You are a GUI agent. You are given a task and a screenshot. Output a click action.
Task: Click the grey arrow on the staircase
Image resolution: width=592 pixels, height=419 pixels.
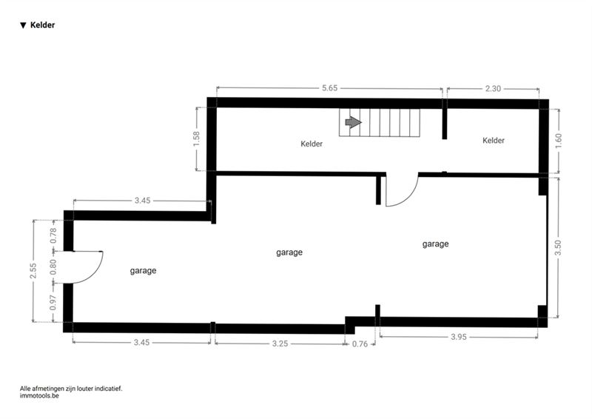pyautogui.click(x=354, y=122)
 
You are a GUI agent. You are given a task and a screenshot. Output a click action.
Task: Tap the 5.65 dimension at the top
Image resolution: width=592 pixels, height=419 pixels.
pyautogui.click(x=329, y=88)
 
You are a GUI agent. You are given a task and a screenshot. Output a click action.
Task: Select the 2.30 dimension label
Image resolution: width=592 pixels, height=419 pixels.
pyautogui.click(x=493, y=88)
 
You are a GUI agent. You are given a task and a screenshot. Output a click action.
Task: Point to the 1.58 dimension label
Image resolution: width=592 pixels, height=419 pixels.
pyautogui.click(x=196, y=139)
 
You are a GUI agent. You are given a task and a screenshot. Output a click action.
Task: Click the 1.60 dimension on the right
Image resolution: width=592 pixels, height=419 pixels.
pyautogui.click(x=559, y=141)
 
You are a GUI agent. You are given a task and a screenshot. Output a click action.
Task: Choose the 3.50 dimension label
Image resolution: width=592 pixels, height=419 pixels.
pyautogui.click(x=558, y=248)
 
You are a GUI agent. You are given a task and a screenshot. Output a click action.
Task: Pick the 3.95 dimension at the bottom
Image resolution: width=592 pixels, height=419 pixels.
pyautogui.click(x=459, y=337)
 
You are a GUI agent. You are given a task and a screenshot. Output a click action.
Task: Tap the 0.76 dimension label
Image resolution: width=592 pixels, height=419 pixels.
pyautogui.click(x=360, y=343)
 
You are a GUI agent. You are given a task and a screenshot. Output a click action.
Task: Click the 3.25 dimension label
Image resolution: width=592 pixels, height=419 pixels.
pyautogui.click(x=280, y=343)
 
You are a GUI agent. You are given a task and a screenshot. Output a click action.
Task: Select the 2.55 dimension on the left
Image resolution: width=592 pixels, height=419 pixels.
pyautogui.click(x=33, y=270)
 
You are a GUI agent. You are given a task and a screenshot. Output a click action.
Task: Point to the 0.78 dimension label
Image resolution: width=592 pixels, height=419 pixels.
pyautogui.click(x=53, y=235)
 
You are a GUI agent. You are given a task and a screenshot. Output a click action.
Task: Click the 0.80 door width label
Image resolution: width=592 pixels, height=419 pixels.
pyautogui.click(x=53, y=267)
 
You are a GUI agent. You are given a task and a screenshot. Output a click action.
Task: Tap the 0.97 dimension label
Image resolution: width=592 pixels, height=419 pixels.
pyautogui.click(x=53, y=302)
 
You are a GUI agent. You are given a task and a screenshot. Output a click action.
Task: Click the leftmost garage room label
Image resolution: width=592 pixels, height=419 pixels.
pyautogui.click(x=143, y=271)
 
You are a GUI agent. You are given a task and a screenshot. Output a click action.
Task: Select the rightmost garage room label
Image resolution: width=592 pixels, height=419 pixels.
pyautogui.click(x=435, y=244)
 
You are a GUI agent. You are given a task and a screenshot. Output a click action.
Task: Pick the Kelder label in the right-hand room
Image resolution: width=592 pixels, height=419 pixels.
pyautogui.click(x=494, y=141)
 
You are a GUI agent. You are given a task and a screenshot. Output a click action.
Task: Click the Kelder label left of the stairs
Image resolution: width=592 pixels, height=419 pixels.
pyautogui.click(x=312, y=144)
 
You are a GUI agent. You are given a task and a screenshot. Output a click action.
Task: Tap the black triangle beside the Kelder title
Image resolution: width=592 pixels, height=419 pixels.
pyautogui.click(x=23, y=25)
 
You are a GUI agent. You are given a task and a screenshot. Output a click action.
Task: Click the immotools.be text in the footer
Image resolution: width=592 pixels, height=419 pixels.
pyautogui.click(x=39, y=396)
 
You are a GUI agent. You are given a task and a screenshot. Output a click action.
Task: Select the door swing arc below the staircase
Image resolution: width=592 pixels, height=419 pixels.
pyautogui.click(x=411, y=195)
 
